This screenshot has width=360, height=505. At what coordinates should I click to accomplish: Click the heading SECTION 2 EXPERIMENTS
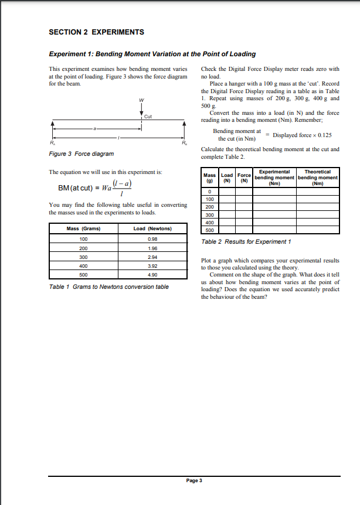coord(96,32)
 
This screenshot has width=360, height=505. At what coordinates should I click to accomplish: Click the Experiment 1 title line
coord(152,54)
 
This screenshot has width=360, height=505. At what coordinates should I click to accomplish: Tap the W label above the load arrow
coord(141,100)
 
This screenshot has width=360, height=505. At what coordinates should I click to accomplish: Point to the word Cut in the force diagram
coord(148,117)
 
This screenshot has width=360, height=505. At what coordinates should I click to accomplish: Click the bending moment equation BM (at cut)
coord(93,189)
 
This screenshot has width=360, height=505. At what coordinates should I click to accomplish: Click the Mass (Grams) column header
coord(84,228)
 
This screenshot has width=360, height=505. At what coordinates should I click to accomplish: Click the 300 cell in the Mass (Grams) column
coord(83,257)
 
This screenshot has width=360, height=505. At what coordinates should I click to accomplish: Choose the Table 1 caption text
coord(108,286)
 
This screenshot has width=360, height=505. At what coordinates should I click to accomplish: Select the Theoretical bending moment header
coord(318,178)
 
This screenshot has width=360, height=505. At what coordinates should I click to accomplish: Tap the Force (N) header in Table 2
coord(244,178)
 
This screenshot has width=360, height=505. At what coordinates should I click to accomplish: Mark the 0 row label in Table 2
coord(209,192)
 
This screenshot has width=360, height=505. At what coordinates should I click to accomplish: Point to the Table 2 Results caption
coord(246,241)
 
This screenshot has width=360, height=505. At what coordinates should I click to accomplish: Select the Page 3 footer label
coord(193,480)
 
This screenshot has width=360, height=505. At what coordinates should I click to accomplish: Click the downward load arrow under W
coord(141,112)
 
